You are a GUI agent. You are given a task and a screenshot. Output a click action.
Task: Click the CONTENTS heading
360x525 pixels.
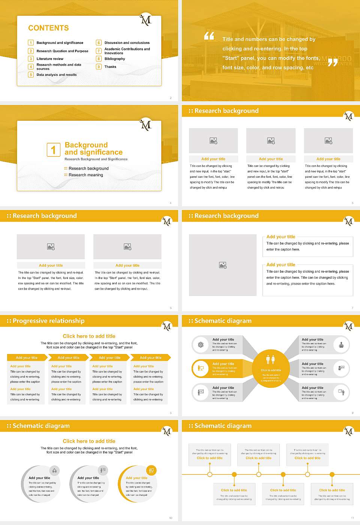[x=48, y=28]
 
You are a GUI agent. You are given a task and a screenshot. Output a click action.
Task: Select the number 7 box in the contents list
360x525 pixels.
[x=99, y=51]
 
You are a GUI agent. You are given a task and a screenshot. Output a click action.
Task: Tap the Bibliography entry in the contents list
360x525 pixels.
[x=114, y=59]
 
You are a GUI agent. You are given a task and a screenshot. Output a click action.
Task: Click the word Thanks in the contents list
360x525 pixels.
[x=110, y=67]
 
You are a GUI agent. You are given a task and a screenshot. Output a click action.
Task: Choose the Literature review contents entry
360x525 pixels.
[x=50, y=59]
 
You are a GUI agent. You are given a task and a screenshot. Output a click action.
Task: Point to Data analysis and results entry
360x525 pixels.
[x=56, y=75]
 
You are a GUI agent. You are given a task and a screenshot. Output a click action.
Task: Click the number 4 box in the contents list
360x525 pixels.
[x=31, y=67]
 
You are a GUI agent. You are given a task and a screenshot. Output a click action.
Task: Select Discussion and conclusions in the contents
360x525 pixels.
[x=127, y=43]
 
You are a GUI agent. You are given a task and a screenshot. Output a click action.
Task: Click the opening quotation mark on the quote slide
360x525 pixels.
[x=209, y=36]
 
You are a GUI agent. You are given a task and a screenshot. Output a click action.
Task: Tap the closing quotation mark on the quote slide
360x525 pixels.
[x=332, y=62]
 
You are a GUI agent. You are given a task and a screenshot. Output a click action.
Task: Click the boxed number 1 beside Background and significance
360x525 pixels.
[x=53, y=150]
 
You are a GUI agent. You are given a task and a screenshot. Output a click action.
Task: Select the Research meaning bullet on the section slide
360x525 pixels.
[x=85, y=175]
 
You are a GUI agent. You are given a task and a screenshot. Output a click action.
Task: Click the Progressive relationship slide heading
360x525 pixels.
[x=48, y=321]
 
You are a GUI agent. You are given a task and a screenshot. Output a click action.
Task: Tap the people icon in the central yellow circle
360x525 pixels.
[x=270, y=360]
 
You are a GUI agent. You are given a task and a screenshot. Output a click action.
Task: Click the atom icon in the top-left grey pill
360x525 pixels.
[x=201, y=345]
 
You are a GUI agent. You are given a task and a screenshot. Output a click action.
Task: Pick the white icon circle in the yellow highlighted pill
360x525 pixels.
[x=201, y=368]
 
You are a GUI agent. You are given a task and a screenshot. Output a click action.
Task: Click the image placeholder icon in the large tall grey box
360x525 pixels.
[x=223, y=265]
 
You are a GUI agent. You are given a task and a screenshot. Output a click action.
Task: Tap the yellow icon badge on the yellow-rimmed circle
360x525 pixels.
[x=151, y=470]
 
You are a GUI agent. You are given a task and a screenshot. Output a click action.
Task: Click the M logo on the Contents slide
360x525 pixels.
[x=145, y=19]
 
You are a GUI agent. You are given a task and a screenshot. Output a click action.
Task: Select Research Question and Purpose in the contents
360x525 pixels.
[x=62, y=51]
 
